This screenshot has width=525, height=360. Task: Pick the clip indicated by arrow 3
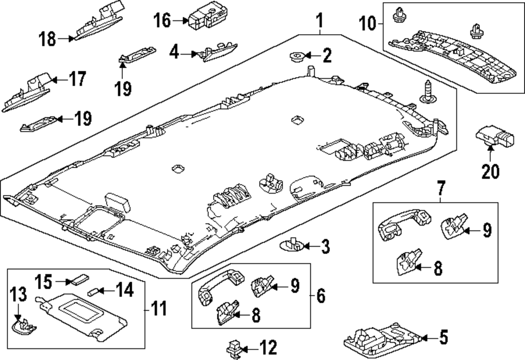tap(293, 245)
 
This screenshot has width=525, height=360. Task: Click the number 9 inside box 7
tap(487, 229)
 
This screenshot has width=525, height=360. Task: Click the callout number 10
tap(367, 23)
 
